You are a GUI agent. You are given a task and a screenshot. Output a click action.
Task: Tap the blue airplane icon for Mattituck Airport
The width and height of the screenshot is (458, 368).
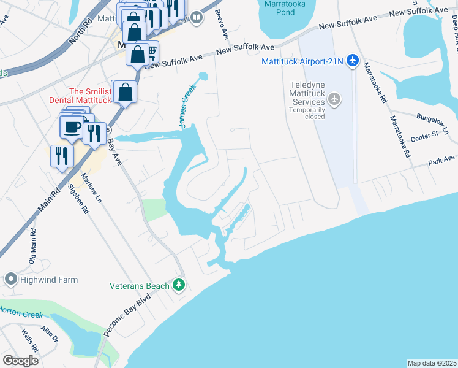point(351,60)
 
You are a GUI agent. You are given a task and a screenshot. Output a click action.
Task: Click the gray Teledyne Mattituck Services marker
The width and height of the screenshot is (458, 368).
point(334,98)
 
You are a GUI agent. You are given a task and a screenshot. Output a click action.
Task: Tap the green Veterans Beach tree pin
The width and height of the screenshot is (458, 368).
point(179,285)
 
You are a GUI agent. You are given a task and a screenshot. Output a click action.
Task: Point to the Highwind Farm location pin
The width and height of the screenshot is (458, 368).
point(10,280)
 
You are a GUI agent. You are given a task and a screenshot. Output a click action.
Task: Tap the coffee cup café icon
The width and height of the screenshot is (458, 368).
point(72,126)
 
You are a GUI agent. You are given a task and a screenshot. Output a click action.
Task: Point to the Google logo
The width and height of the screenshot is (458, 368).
point(20,361)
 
